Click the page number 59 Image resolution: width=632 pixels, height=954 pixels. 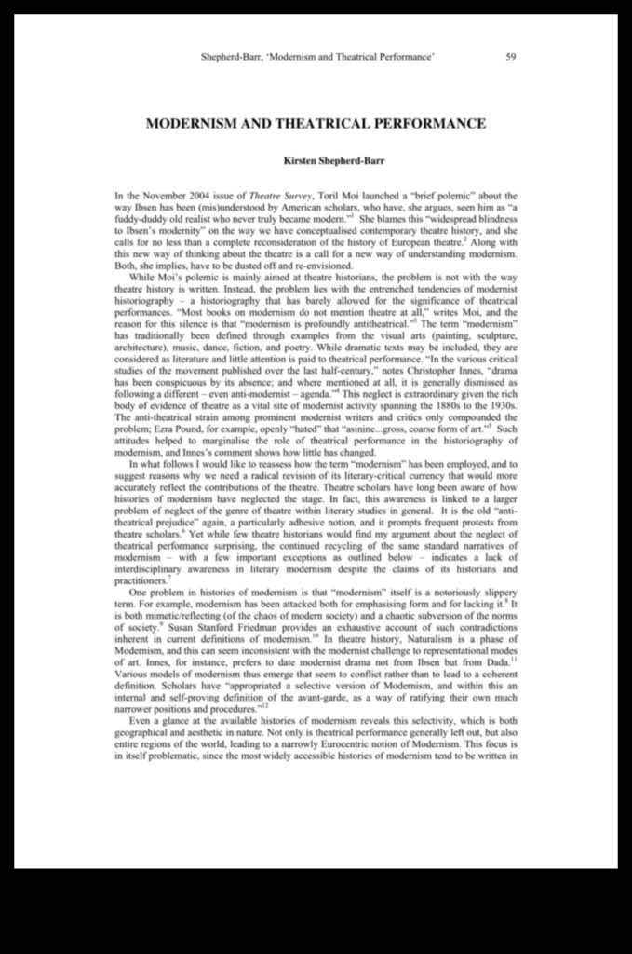[x=511, y=57]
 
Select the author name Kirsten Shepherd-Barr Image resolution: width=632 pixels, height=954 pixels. [x=316, y=160]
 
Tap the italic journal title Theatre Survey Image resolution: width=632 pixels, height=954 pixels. [x=276, y=196]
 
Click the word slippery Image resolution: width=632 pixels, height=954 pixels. [x=494, y=593]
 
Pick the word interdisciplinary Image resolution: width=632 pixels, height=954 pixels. [x=153, y=570]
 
